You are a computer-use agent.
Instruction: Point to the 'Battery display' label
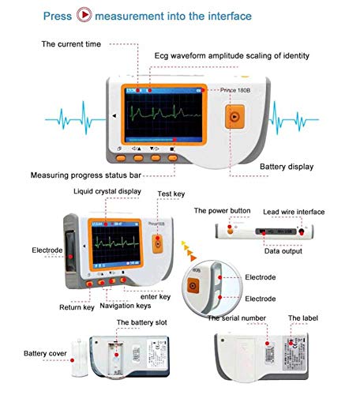[x=287, y=167]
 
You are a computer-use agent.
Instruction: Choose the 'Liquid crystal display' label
[x=107, y=191]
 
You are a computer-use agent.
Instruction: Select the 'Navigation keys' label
[x=124, y=305]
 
